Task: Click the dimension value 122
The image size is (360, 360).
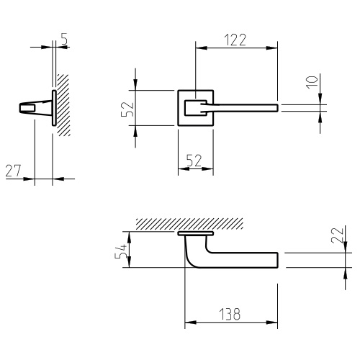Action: (235, 40)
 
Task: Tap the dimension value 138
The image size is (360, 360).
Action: (230, 314)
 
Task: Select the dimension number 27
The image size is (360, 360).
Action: (14, 171)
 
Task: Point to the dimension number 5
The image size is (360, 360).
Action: (64, 39)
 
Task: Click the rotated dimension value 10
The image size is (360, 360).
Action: (312, 82)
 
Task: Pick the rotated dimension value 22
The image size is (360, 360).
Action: (338, 235)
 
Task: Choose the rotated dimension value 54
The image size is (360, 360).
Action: (120, 251)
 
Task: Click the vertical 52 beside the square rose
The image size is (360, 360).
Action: (127, 109)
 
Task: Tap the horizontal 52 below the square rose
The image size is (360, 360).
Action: (194, 161)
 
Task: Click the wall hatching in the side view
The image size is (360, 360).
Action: (63, 105)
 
